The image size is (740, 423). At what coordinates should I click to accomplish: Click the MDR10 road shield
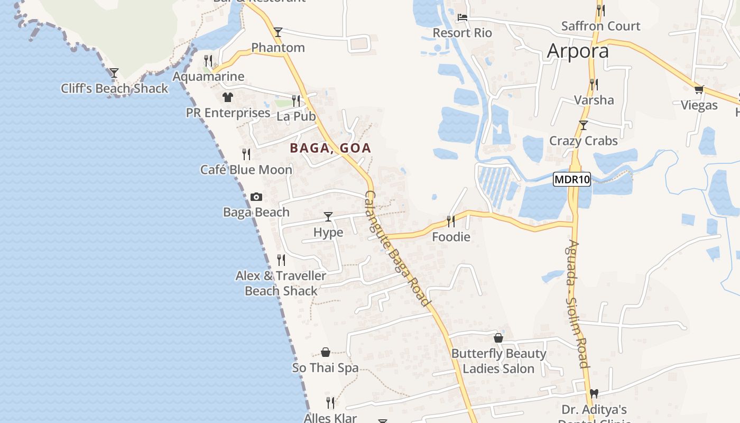[571, 180]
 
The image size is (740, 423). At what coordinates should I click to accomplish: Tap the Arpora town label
[578, 51]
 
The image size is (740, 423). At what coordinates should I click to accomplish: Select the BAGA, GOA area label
[330, 149]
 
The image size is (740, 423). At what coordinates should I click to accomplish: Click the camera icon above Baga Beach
[256, 197]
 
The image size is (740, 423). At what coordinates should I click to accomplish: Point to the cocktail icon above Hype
[328, 216]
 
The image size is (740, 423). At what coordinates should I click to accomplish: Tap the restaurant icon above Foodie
[451, 221]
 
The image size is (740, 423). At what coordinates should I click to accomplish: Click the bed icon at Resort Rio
[462, 17]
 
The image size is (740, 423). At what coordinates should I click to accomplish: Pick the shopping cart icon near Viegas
[699, 90]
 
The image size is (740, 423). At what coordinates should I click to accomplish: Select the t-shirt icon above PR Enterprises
[228, 97]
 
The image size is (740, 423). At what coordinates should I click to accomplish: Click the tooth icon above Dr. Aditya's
[594, 394]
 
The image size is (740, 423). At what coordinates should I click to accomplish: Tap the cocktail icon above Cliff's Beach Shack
[114, 72]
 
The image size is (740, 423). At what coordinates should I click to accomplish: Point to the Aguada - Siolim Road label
[576, 304]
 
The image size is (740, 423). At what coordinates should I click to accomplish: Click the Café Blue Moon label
[246, 170]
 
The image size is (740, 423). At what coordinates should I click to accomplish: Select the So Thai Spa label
[326, 368]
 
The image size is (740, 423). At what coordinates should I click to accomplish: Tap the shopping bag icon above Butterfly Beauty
[498, 338]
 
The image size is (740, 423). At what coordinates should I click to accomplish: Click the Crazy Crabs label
[584, 141]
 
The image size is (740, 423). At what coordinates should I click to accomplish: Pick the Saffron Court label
[600, 26]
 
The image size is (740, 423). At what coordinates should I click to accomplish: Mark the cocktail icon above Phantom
[278, 32]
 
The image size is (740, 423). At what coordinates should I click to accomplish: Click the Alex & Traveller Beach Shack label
[281, 283]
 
